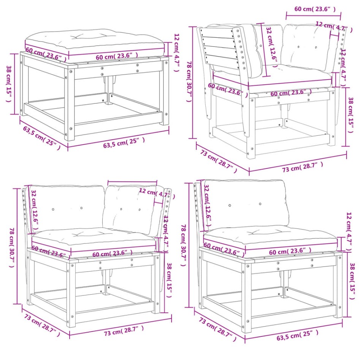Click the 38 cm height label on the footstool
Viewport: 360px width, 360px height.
9,84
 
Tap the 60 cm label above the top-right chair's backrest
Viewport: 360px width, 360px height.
311,9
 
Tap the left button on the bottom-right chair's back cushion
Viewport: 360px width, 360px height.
230,205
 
